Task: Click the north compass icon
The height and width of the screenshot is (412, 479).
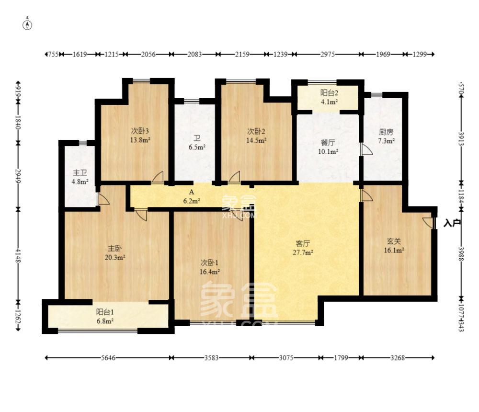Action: [x=28, y=24]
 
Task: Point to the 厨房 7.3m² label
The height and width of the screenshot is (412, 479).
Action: [x=386, y=136]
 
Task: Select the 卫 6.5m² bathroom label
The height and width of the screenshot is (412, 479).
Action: [x=196, y=143]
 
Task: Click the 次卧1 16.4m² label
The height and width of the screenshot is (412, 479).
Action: [x=210, y=267]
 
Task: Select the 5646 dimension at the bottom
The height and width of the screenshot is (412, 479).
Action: [x=108, y=357]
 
